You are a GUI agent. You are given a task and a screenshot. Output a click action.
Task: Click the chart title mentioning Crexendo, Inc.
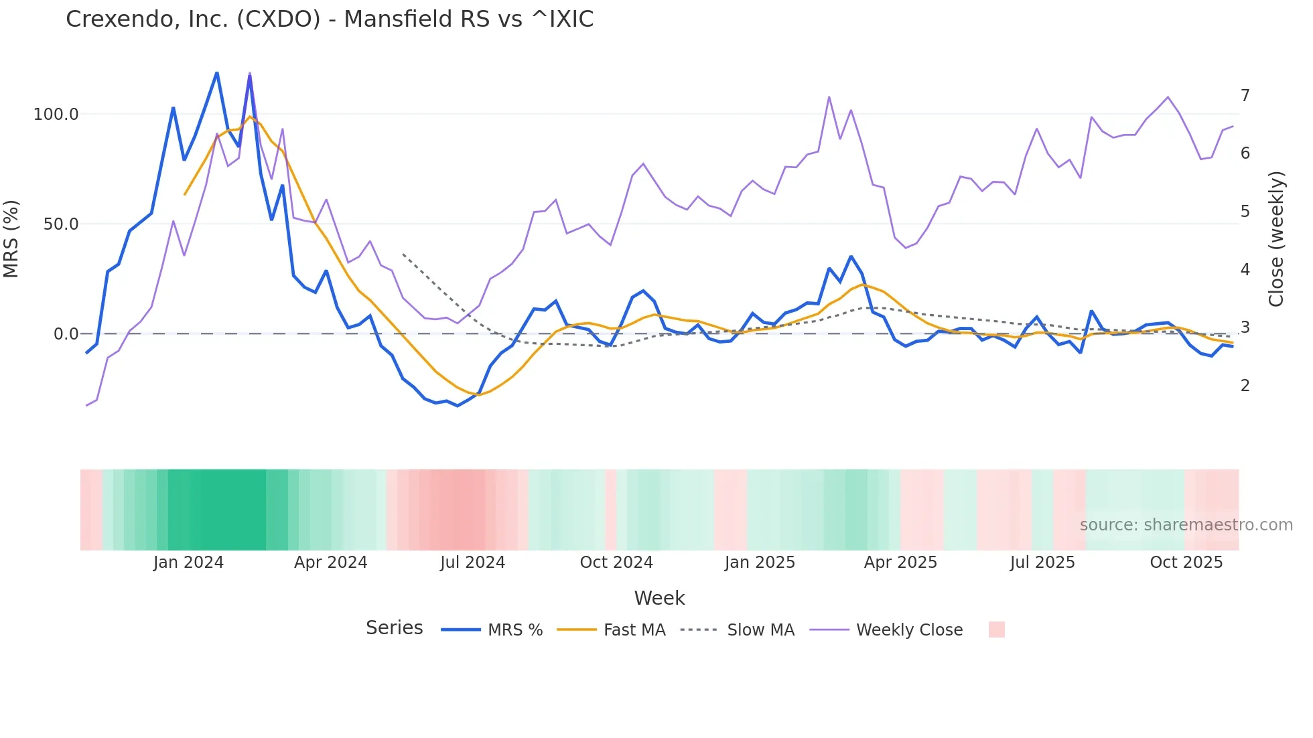pos(330,19)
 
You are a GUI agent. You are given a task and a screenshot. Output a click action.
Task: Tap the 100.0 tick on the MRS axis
pos(56,115)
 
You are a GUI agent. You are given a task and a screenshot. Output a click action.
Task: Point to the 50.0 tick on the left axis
pos(60,224)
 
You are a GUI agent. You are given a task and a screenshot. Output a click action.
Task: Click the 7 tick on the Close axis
pos(1245,96)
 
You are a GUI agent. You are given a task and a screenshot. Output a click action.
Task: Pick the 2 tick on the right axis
pos(1245,386)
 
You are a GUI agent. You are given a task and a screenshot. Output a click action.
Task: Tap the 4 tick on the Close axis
pos(1245,270)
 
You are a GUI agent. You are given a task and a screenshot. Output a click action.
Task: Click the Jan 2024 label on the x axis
pos(188,563)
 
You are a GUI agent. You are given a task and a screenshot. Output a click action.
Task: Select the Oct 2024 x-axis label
pos(616,563)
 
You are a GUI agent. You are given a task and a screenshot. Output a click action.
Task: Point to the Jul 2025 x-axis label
pos(1042,563)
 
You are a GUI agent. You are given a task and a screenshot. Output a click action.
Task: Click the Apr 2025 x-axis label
pos(900,563)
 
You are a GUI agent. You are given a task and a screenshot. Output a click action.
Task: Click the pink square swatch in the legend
pos(996,630)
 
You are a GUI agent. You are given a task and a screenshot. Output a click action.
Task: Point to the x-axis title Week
pos(659,598)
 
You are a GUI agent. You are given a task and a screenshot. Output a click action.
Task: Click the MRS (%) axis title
pos(11,239)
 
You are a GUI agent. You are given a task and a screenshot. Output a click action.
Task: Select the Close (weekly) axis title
pos(1276,239)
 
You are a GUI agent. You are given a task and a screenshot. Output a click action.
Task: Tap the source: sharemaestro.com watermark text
pos(1186,525)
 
